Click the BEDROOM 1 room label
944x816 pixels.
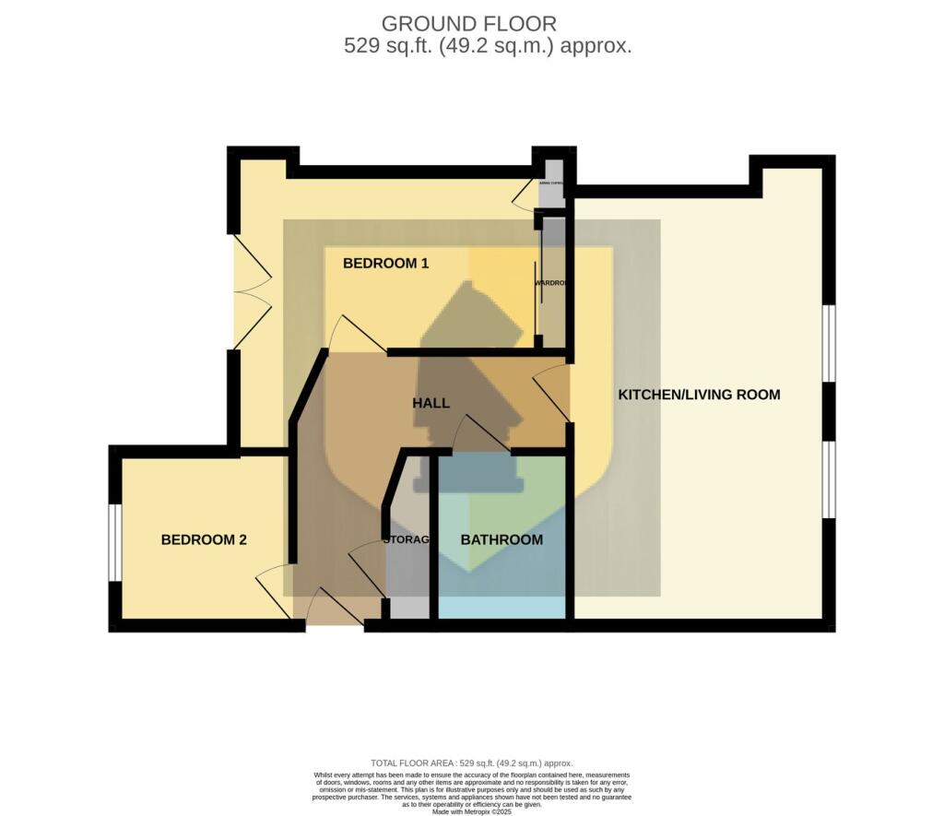pyautogui.click(x=385, y=264)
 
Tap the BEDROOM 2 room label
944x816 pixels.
pyautogui.click(x=204, y=540)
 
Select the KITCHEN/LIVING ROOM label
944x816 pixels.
pyautogui.click(x=699, y=395)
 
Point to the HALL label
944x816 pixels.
pyautogui.click(x=431, y=404)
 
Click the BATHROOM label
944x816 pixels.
pyautogui.click(x=501, y=540)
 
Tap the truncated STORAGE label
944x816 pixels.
pyautogui.click(x=407, y=540)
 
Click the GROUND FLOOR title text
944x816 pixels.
pyautogui.click(x=469, y=24)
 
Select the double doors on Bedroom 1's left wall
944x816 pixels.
pyautogui.click(x=250, y=290)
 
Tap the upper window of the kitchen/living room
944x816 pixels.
pyautogui.click(x=829, y=343)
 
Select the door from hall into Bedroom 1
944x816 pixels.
pyautogui.click(x=355, y=335)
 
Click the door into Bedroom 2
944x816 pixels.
pyautogui.click(x=274, y=592)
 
